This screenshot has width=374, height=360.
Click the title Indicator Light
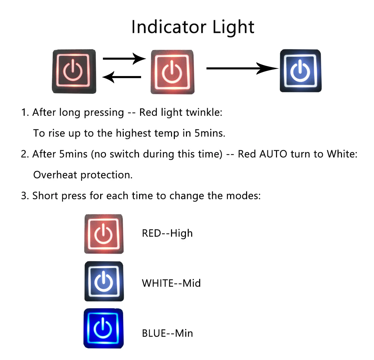(193, 27)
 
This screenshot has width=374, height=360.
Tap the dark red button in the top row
(74, 72)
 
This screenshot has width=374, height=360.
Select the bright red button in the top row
(172, 72)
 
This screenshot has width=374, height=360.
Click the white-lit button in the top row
(301, 71)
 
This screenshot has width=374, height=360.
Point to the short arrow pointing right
(124, 58)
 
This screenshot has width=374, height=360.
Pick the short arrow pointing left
(122, 77)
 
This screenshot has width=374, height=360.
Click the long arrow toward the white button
(242, 68)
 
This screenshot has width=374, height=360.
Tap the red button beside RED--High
(104, 234)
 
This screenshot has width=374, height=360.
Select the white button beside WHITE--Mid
(104, 281)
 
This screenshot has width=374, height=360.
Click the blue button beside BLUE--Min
(104, 328)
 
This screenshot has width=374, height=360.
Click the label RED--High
(167, 234)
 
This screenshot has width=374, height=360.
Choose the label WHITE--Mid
(171, 283)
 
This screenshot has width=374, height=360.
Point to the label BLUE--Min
(168, 333)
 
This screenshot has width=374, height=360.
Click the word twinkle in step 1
(204, 112)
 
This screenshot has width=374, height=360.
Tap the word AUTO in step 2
(273, 154)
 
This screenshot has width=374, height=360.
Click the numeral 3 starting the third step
(24, 196)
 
